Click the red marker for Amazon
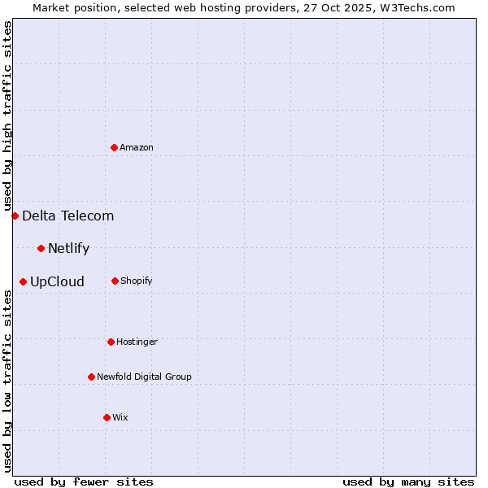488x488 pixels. tap(115, 147)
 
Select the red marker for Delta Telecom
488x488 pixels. tap(15, 216)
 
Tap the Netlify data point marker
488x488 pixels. tap(41, 248)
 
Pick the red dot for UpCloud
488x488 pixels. tap(23, 282)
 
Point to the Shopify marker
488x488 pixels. tap(115, 281)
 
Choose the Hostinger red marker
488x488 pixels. tap(111, 342)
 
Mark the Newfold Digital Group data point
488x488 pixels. tap(91, 377)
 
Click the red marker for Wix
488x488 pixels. tap(107, 417)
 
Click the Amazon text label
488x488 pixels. tap(137, 147)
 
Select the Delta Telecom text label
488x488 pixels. tap(68, 216)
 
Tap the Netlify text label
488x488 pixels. tap(69, 248)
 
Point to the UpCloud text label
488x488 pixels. tap(58, 282)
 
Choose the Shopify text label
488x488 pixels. tap(137, 281)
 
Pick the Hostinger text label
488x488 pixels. tap(137, 342)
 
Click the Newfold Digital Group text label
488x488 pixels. tap(145, 377)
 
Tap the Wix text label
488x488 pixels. tap(120, 417)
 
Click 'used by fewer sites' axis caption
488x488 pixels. tap(84, 481)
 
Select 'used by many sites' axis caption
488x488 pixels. tap(408, 481)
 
